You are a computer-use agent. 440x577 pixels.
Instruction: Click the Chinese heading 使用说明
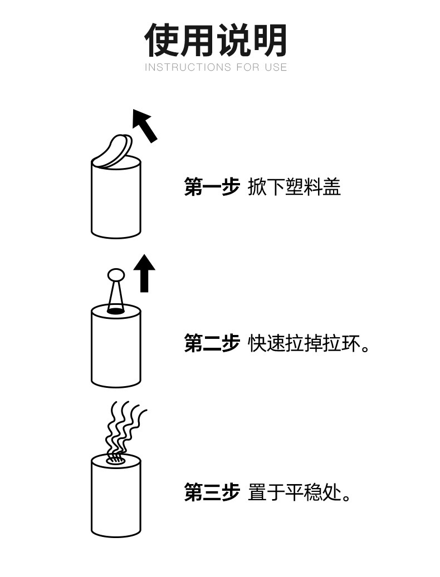point(216,40)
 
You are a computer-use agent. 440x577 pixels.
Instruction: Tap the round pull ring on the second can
point(116,274)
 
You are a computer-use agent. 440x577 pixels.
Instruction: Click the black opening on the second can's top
point(115,311)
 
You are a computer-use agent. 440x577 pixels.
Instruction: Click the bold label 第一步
point(212,187)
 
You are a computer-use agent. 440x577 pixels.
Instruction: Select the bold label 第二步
point(212,343)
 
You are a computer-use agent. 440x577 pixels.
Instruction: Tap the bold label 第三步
point(212,492)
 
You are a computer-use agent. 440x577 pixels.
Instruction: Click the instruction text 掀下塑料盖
point(294,187)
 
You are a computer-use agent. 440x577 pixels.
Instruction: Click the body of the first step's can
point(116,203)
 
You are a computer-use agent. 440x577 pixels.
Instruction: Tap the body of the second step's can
point(116,351)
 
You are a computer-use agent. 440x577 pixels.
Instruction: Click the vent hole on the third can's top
point(115,460)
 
